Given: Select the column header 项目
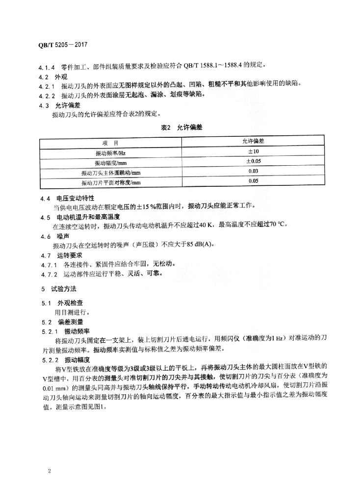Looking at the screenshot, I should pyautogui.click(x=110, y=143).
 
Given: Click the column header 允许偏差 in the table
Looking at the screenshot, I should pyautogui.click(x=253, y=142).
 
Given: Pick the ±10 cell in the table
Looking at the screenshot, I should pyautogui.click(x=253, y=152).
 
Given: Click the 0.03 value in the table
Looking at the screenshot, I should pyautogui.click(x=253, y=172).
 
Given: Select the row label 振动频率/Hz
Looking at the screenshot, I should pyautogui.click(x=110, y=152).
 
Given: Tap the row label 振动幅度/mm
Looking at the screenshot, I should pyautogui.click(x=110, y=162).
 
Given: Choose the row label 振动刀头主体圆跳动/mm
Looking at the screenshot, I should pyautogui.click(x=110, y=173).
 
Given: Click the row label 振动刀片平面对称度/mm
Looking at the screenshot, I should pyautogui.click(x=110, y=182).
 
